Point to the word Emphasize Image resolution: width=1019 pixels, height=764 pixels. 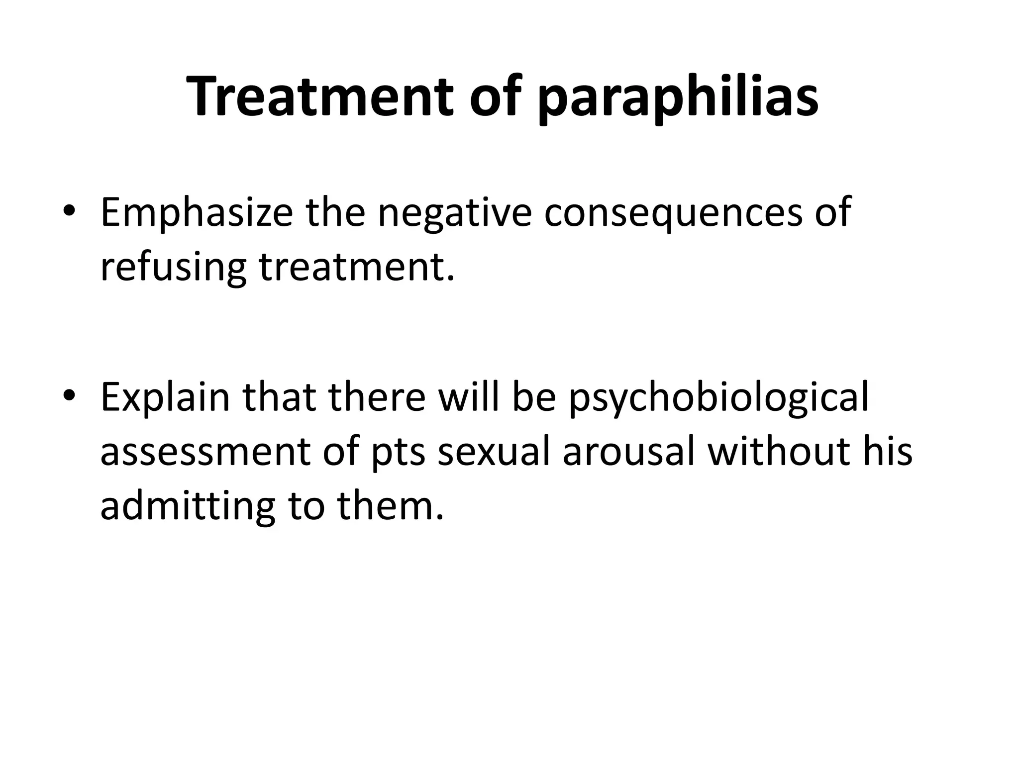197,213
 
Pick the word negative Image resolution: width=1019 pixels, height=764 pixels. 455,213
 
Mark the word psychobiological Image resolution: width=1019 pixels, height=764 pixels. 718,398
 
